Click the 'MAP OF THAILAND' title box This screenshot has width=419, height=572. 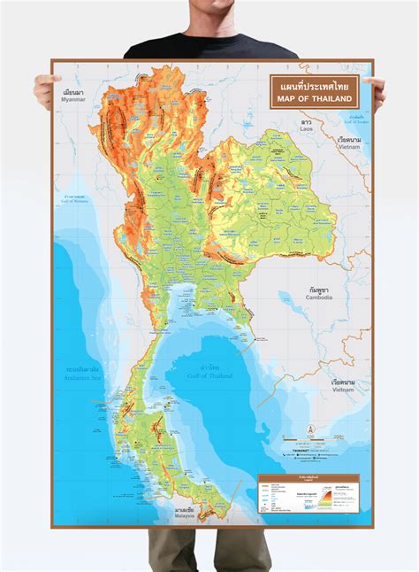(x=314, y=91)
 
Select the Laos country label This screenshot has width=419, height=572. (x=306, y=126)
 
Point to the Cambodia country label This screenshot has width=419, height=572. (x=320, y=293)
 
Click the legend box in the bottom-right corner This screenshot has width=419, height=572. (x=309, y=494)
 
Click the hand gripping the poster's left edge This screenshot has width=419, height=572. (x=44, y=89)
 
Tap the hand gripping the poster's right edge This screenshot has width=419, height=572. (x=377, y=89)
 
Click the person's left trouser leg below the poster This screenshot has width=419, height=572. (x=172, y=549)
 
